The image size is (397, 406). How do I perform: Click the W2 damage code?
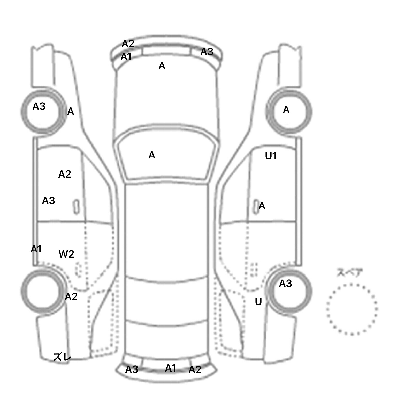coord(66,254)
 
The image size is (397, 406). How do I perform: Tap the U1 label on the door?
coord(271,156)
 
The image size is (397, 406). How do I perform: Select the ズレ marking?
coord(62,357)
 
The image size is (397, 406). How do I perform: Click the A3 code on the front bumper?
coord(207,52)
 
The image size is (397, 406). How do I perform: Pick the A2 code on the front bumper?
coord(128,44)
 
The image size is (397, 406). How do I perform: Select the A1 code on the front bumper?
coord(126,57)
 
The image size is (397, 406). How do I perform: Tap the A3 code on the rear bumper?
coord(132,369)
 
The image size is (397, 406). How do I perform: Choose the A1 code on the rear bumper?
coord(171,368)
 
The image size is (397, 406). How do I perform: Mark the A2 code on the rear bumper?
coord(195,370)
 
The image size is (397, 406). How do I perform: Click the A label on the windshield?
coord(152,155)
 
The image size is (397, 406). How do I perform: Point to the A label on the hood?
coord(162,66)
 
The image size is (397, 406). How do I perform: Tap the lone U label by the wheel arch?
coord(258,301)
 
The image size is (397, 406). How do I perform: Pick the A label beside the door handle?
coord(262,206)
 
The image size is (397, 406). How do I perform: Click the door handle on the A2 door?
coord(76,207)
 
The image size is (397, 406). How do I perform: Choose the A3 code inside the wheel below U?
coord(285,284)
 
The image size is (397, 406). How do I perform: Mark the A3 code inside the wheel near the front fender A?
coord(39,106)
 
